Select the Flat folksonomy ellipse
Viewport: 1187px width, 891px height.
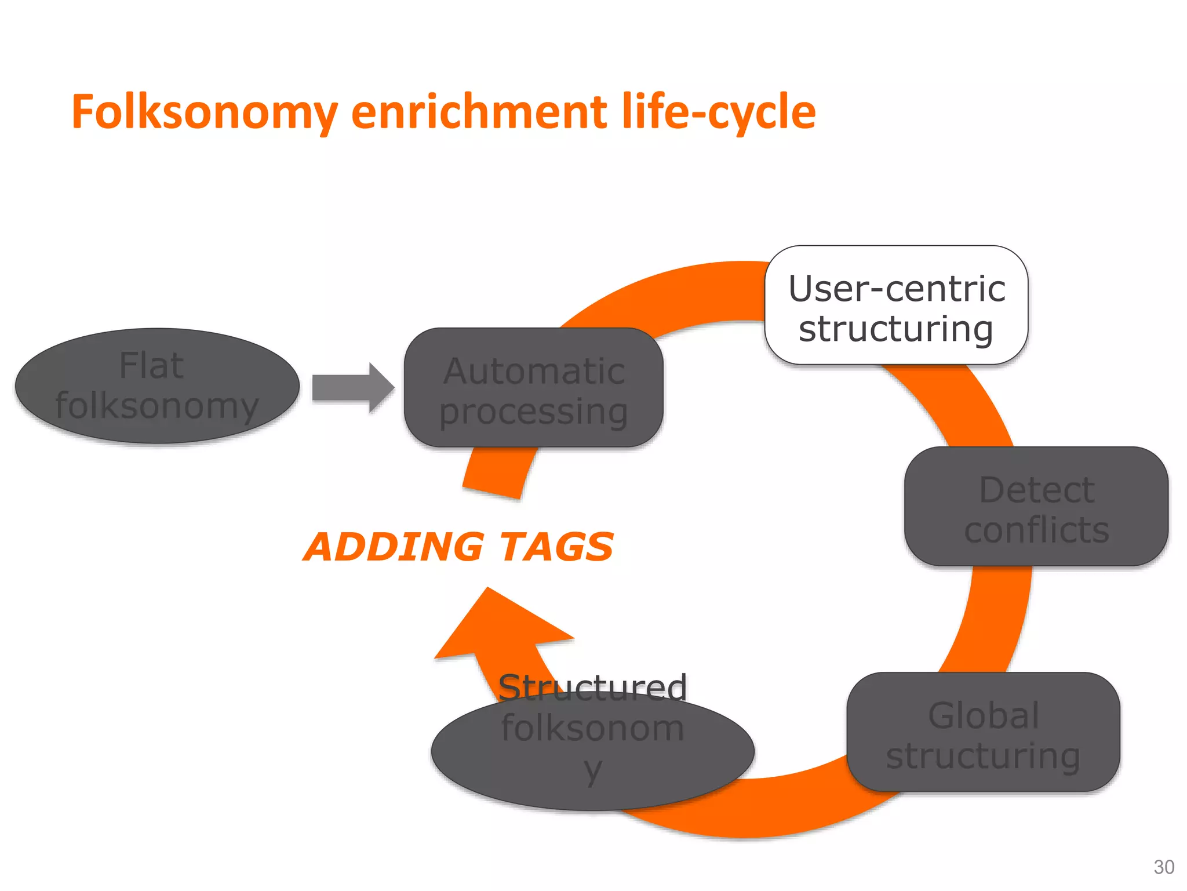tap(157, 386)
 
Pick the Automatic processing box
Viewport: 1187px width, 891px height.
tap(533, 388)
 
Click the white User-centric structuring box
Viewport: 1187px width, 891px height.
tap(896, 306)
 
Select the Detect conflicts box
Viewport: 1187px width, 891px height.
tap(1036, 506)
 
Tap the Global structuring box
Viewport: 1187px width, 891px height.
tap(983, 732)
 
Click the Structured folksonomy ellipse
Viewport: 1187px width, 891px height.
tap(592, 754)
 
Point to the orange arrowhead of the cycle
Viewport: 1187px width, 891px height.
tap(498, 626)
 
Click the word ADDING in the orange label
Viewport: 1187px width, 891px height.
tap(394, 547)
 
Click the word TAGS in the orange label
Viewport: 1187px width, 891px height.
tap(556, 547)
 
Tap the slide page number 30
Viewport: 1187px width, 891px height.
tap(1164, 867)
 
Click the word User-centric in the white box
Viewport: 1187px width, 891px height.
tap(897, 288)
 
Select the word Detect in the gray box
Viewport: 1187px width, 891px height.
tap(1036, 490)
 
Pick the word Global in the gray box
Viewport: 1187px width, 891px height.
tap(984, 715)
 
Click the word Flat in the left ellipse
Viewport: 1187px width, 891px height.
tap(151, 366)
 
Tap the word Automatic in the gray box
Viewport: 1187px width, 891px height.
tap(534, 371)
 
